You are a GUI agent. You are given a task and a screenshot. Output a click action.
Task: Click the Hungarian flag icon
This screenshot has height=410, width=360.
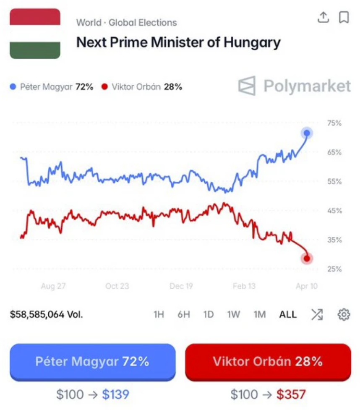pos(35,34)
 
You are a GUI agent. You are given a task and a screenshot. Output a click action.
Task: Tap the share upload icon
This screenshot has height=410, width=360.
pos(323,17)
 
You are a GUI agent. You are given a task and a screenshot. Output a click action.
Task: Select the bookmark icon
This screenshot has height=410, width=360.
pos(344,17)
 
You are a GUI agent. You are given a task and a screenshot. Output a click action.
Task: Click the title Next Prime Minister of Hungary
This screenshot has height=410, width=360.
pos(178,42)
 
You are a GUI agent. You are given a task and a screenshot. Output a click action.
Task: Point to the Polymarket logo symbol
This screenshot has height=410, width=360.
pos(247,86)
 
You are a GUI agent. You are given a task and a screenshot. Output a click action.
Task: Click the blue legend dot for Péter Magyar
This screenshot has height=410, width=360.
pos(13,87)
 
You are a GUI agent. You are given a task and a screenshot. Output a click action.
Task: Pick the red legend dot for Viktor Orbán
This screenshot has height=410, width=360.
pos(103,87)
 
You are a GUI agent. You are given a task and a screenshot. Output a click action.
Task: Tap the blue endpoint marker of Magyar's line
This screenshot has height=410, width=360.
pos(307,133)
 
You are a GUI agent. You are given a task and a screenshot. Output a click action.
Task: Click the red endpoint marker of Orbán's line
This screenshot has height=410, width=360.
pos(307,259)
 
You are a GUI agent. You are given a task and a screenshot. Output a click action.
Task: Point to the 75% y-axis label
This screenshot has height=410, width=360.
pos(334,123)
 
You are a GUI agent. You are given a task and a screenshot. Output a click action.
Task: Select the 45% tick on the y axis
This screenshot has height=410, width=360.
pos(334,211)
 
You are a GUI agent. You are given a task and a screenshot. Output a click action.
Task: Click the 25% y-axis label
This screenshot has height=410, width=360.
pos(334,269)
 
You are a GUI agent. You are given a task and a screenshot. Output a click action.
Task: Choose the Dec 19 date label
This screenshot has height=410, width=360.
pos(181,286)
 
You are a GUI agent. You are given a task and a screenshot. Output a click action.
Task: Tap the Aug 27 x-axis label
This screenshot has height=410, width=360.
pos(53,286)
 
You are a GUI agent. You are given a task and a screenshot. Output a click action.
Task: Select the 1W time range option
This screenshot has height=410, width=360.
pos(234,314)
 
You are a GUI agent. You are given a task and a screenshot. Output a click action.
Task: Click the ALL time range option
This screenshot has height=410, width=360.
pos(288,314)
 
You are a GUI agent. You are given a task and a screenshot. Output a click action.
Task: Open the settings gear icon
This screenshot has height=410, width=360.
pos(344,314)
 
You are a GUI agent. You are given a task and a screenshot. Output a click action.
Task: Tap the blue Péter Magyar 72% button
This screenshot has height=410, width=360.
pos(92,362)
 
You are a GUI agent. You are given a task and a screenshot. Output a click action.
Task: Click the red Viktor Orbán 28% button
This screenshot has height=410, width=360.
pos(268,362)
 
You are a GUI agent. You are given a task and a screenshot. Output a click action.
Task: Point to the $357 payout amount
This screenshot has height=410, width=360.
pos(291,394)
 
